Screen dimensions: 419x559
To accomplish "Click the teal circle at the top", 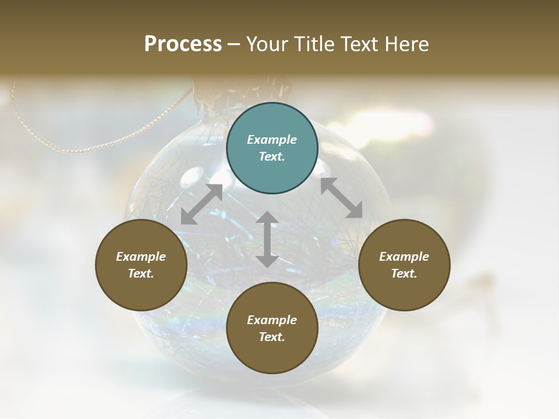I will click(x=272, y=148).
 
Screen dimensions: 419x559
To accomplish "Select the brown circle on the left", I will click(x=141, y=265).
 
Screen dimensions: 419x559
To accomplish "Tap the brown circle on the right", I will click(x=404, y=265).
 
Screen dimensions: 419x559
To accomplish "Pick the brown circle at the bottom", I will click(x=272, y=328).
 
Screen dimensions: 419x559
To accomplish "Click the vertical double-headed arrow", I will click(x=267, y=239).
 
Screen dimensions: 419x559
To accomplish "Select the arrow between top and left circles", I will click(x=201, y=204).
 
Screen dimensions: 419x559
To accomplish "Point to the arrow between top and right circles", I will click(x=341, y=198).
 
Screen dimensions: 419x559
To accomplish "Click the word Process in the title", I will click(x=183, y=44).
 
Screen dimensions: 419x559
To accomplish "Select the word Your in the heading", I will click(x=266, y=44).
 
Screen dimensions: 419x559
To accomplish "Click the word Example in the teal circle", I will click(x=272, y=140).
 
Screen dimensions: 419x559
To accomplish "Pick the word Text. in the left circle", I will click(x=141, y=274).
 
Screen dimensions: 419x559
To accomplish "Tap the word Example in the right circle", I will click(x=404, y=257).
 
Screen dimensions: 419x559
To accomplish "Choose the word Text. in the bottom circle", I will click(x=272, y=337).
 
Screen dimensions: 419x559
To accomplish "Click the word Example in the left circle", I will click(x=141, y=257).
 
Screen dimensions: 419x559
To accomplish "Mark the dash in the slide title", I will click(x=234, y=44).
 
